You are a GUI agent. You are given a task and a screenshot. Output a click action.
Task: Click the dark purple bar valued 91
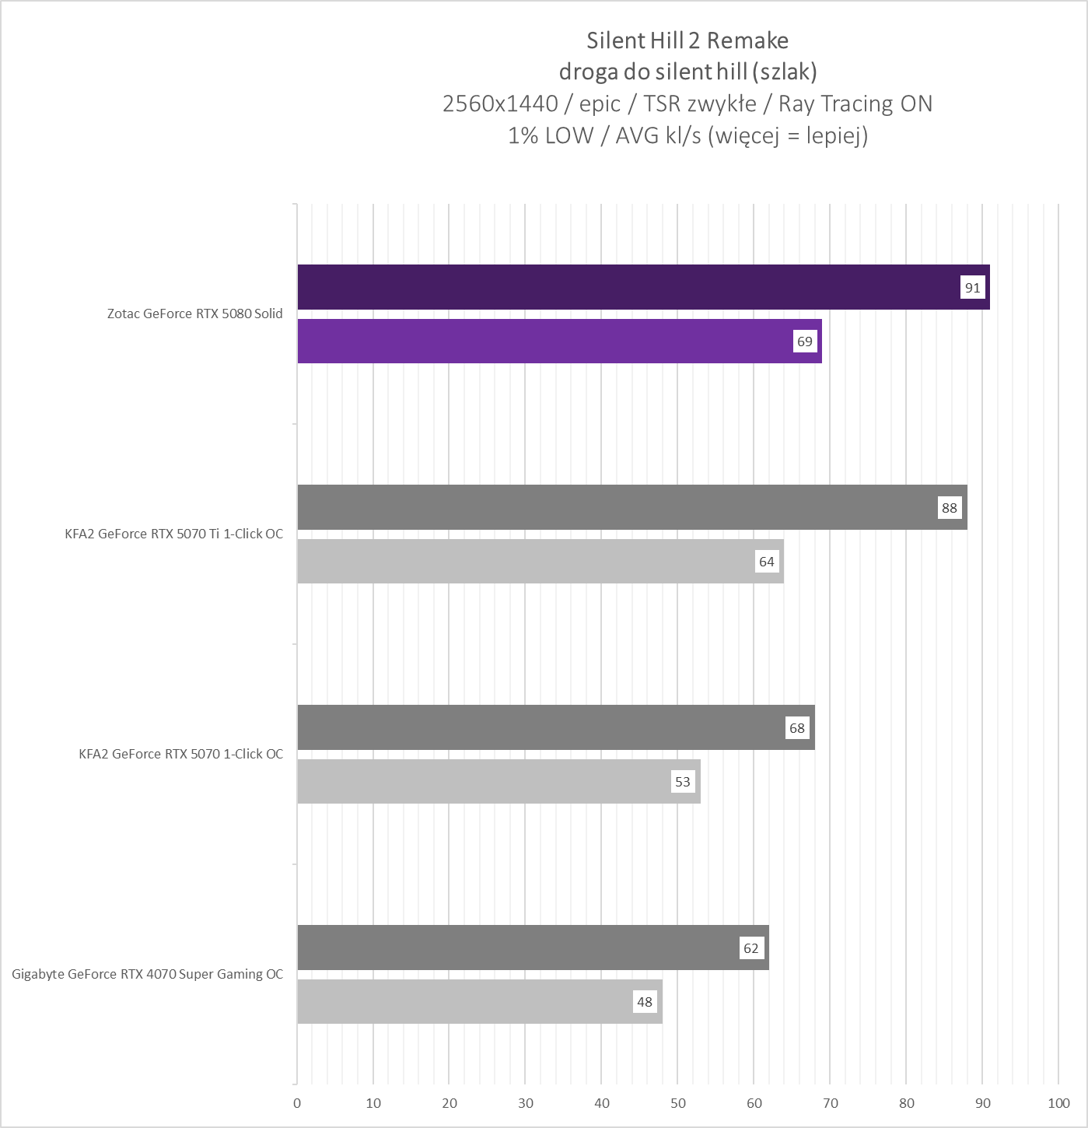pos(622,287)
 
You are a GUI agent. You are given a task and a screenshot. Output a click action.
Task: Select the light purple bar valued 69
pos(544,341)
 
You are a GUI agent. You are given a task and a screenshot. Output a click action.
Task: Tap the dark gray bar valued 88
pos(614,507)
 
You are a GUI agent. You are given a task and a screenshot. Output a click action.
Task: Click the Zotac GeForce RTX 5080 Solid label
pos(195,314)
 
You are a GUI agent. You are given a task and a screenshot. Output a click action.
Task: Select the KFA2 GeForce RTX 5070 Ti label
pos(174,534)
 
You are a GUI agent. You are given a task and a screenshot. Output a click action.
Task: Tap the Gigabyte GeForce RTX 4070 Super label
pos(148,974)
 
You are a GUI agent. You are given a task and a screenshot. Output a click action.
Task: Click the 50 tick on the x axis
pos(678,1103)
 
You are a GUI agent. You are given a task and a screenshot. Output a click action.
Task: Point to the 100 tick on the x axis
pos(1058,1103)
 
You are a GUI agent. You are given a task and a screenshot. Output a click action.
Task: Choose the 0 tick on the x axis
pos(297,1103)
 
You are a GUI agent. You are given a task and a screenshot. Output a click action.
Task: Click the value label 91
pos(972,288)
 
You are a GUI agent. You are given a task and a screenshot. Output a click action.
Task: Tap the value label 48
pos(645,1002)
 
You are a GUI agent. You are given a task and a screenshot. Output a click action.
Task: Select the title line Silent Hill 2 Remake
pos(687,40)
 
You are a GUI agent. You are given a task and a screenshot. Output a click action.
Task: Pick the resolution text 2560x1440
pos(500,103)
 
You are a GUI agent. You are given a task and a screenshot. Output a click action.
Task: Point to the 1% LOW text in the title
pos(550,135)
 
